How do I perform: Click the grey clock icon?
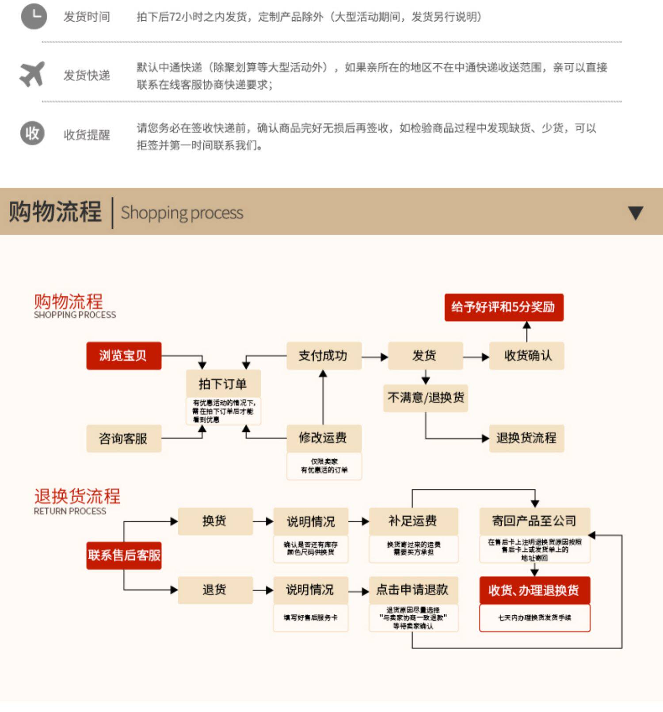pos(34,16)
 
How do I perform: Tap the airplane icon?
pos(32,74)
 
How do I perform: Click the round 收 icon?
pos(32,133)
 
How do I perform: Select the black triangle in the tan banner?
pos(636,213)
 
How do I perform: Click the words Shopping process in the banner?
pos(182,213)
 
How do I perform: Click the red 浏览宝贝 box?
pos(124,356)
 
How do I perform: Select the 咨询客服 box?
pos(124,438)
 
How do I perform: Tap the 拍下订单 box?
pos(223,384)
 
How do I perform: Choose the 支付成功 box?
pos(324,356)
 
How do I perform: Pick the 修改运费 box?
pos(324,438)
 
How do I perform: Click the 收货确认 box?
pos(527,356)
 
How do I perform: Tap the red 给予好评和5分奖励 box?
pos(504,307)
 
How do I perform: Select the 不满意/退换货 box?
pos(425,398)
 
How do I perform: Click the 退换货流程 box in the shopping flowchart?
pos(526,438)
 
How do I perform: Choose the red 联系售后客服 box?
pos(124,555)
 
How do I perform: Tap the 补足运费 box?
pos(413,521)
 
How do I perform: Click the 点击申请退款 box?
pos(413,590)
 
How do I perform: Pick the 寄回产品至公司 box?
pos(534,521)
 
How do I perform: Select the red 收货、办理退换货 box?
pos(534,590)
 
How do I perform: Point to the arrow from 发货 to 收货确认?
pos(476,357)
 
